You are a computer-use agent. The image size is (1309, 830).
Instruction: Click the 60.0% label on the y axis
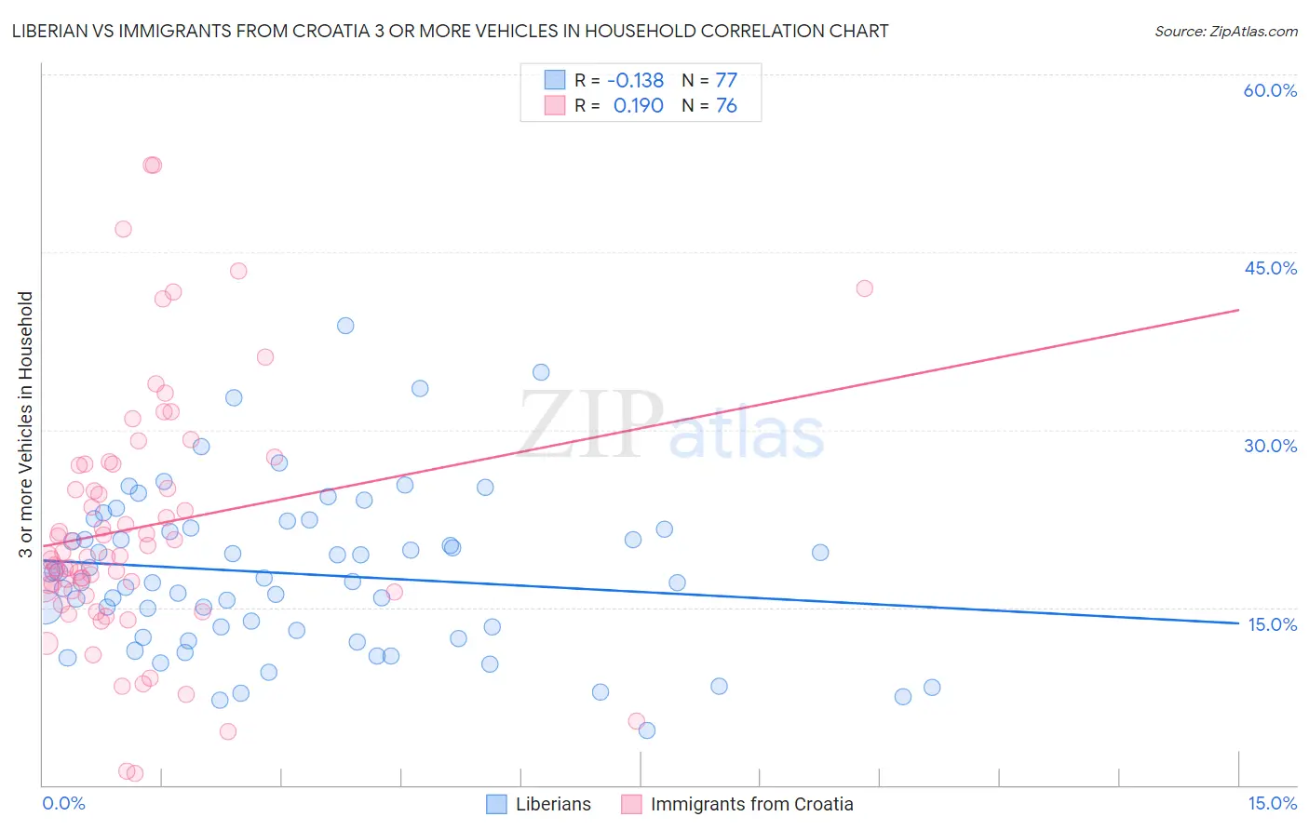coord(1270,90)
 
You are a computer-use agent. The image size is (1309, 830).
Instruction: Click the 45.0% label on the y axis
coord(1270,268)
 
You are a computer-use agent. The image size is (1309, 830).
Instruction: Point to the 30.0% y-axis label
coord(1270,446)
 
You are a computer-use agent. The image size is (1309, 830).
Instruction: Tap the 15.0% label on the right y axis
coord(1272,624)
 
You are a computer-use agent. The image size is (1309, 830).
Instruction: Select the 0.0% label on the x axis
coord(63,804)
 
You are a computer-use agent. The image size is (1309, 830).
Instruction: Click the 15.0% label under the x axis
coord(1272,804)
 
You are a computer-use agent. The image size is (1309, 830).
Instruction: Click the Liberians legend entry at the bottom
coord(553,804)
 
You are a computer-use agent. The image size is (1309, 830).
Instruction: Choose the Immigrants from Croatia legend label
coord(751,804)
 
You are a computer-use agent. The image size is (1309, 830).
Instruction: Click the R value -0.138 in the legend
coord(636,81)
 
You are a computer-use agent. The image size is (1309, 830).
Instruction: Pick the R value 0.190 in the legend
coord(638,106)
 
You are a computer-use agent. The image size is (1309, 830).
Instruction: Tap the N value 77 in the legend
coord(726,81)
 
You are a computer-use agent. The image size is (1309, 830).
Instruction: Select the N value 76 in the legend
coord(726,106)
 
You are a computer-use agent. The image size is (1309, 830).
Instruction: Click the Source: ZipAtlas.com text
coord(1225,32)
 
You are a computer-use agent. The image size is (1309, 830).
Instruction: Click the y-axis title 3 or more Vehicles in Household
coord(26,424)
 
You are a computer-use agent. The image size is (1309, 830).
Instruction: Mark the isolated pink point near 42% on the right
coord(864,288)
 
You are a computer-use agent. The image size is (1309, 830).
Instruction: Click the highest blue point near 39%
coord(345,326)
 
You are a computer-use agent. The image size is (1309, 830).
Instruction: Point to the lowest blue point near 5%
coord(647,730)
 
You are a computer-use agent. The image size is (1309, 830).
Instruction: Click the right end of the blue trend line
coord(1238,623)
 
